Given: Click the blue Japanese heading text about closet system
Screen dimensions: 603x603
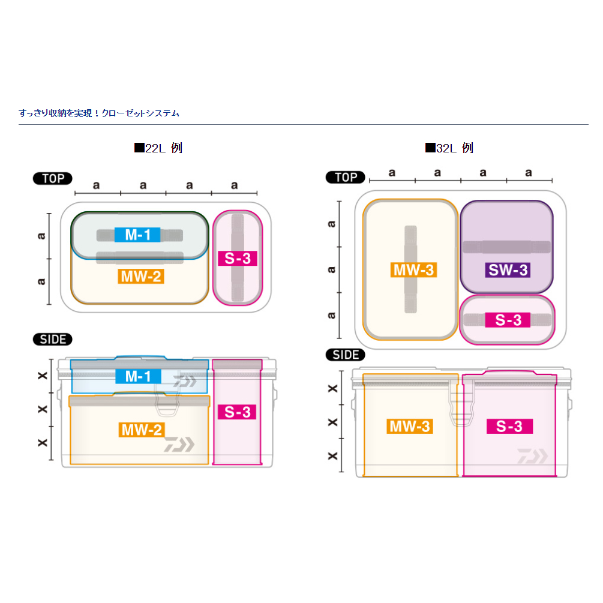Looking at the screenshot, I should tap(99, 113).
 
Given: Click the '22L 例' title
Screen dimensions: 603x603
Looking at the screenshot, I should tap(158, 148).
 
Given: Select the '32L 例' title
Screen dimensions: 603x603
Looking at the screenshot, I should tap(449, 148).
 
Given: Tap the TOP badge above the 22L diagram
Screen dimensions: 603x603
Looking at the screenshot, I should tap(53, 178).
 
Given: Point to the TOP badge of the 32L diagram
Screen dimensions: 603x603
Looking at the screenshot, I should tap(345, 178).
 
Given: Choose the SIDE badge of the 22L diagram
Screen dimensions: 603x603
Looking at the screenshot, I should tap(53, 340).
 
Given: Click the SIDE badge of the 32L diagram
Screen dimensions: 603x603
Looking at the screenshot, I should tap(345, 355).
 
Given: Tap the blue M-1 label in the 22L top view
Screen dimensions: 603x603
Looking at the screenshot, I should tap(138, 235).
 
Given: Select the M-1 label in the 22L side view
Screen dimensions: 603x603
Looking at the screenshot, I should tap(138, 376).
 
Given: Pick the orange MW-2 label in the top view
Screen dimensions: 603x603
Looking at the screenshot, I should tap(141, 277).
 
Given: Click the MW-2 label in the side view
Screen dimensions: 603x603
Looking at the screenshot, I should tap(141, 430).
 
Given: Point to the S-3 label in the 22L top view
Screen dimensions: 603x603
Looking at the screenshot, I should tap(238, 259).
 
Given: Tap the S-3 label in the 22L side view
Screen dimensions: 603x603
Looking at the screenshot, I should tap(238, 412).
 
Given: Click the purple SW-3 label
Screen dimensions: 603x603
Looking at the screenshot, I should tap(508, 270).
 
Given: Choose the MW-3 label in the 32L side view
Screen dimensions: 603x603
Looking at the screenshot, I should tap(410, 427).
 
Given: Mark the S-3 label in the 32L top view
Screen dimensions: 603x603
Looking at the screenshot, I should tap(508, 320).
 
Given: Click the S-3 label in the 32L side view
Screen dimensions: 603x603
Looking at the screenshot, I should tap(508, 427).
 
